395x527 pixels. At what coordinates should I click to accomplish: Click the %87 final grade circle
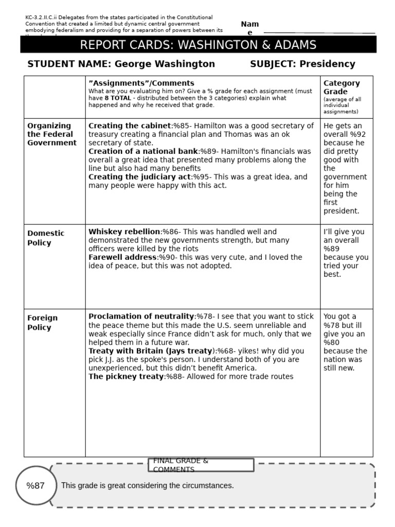tap(35, 486)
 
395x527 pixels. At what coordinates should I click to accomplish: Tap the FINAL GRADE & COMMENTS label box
tap(201, 465)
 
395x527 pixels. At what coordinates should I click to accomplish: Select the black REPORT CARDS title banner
tap(198, 45)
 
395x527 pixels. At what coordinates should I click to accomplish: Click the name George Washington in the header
tap(165, 64)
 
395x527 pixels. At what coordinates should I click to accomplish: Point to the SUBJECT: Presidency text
tap(302, 64)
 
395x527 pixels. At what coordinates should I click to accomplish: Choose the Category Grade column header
tap(342, 87)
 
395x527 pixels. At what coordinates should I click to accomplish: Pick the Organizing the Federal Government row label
tap(51, 134)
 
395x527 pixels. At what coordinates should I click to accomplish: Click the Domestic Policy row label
tap(46, 238)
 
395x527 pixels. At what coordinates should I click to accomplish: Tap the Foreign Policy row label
tap(43, 323)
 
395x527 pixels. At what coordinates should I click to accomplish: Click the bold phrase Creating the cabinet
tap(129, 126)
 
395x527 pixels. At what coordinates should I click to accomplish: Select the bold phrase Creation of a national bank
tap(143, 151)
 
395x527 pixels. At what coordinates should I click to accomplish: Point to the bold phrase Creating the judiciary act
tap(139, 177)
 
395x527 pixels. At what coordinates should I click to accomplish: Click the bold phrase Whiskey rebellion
tap(124, 232)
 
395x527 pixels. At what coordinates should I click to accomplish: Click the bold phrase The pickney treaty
tap(126, 377)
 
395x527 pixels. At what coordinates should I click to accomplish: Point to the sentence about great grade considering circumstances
tap(147, 486)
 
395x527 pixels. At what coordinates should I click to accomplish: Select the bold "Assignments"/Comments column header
tap(141, 83)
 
